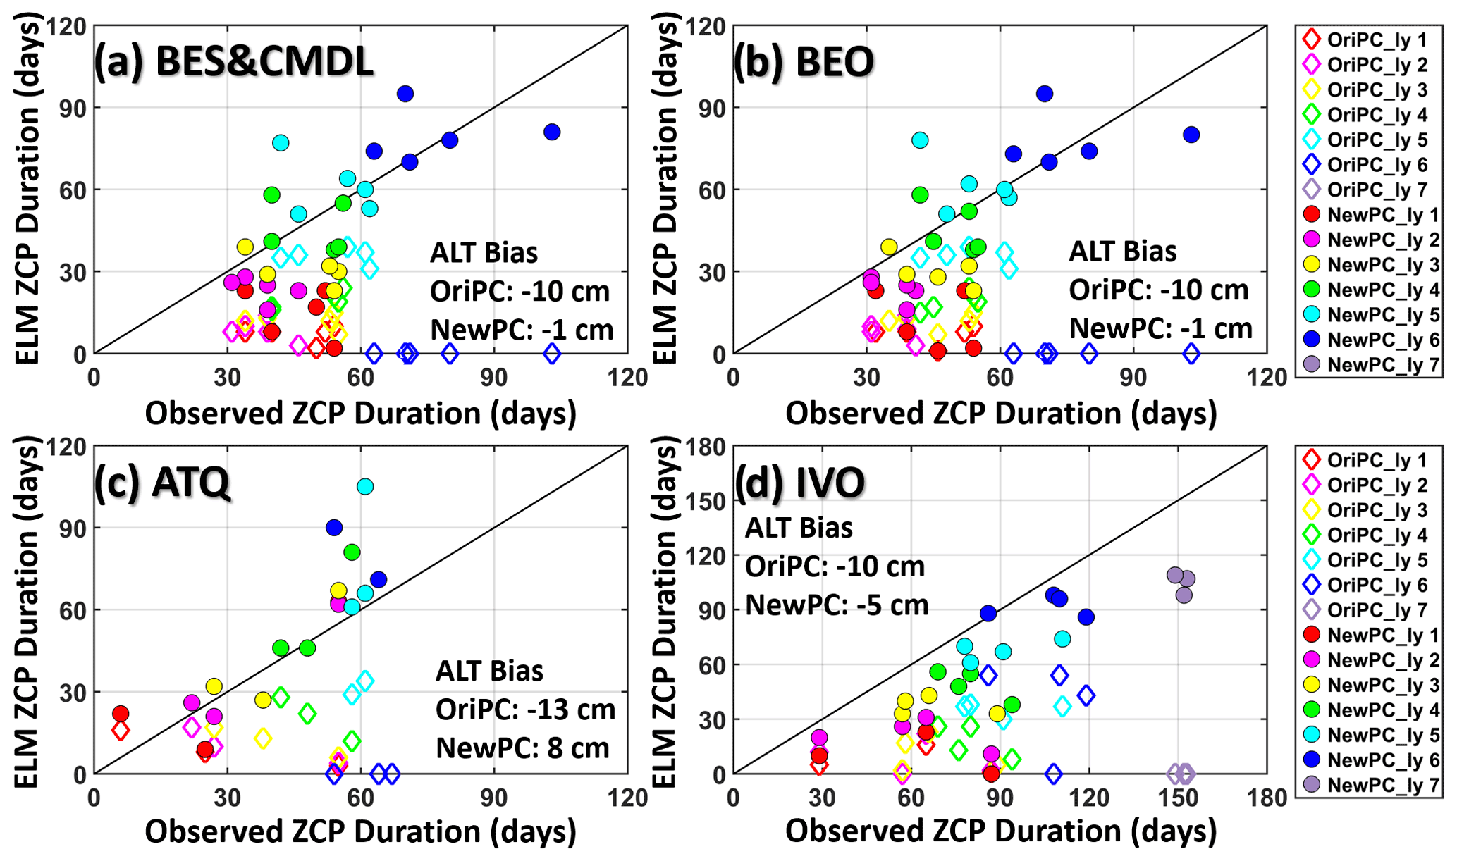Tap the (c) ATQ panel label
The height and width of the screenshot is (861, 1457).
coord(162,483)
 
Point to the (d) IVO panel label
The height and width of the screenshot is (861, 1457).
coord(799,483)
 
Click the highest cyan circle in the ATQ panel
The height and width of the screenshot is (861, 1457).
coord(365,486)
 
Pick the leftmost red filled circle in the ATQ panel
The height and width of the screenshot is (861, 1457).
coord(121,714)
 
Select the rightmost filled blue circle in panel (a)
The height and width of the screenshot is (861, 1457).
coord(552,132)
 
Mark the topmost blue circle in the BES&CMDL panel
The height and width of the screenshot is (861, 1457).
coord(405,94)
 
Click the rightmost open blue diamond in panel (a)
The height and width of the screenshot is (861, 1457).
coord(552,354)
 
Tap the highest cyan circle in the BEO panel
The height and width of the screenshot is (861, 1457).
coord(920,140)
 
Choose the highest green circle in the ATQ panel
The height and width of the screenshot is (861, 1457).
coord(352,552)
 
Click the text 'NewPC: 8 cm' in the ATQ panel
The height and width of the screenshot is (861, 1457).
coord(522,748)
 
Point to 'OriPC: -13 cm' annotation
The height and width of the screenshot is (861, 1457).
coord(525,709)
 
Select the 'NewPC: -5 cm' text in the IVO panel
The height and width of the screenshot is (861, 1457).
coord(837,605)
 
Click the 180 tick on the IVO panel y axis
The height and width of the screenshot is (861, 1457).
coord(706,447)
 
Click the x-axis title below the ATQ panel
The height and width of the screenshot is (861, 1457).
coord(360,831)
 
